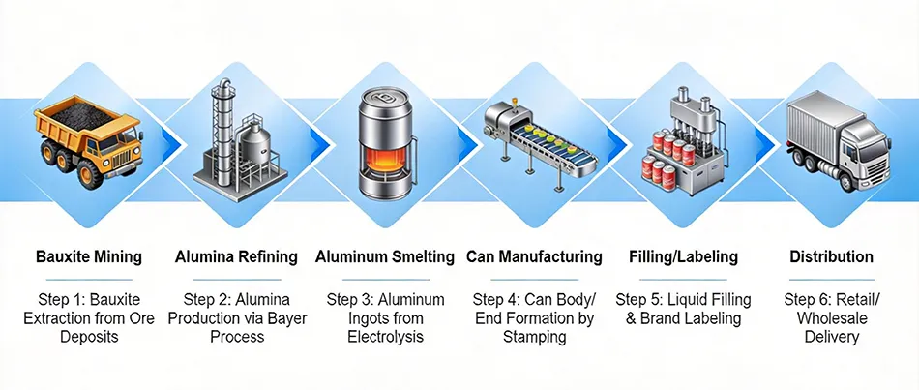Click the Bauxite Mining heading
[89, 257]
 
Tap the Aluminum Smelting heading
[385, 257]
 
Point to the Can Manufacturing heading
[534, 257]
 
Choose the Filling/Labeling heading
[683, 257]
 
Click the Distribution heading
[831, 257]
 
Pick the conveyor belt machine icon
[534, 145]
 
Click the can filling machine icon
[682, 140]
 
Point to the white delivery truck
[834, 141]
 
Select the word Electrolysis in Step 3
[385, 337]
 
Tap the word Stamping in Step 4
[534, 337]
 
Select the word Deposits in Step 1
[89, 337]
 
